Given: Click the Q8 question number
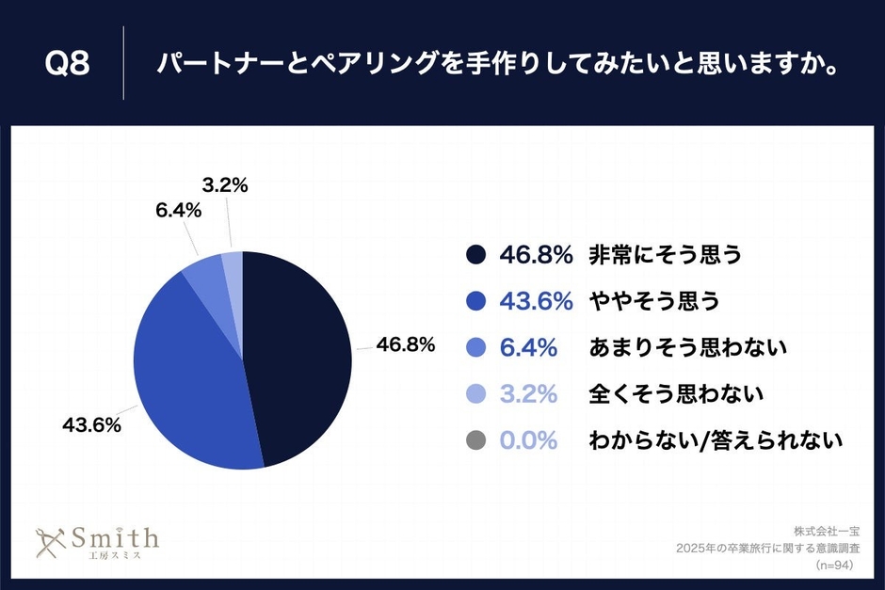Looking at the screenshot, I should (x=67, y=64).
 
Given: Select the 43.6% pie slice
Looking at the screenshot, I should (x=188, y=376).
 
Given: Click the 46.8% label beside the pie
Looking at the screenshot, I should (x=405, y=344).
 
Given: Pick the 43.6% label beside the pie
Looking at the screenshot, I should (x=91, y=424).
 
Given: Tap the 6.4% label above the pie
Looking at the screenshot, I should (x=179, y=211).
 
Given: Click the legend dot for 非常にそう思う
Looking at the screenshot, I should (x=475, y=255).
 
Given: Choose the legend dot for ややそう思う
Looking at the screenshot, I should (x=475, y=301).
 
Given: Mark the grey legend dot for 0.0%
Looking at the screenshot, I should (x=475, y=439).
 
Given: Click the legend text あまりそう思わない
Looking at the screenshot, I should (x=687, y=348).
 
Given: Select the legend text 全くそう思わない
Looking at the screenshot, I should (x=675, y=393).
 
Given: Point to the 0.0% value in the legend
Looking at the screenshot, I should (x=528, y=439).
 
